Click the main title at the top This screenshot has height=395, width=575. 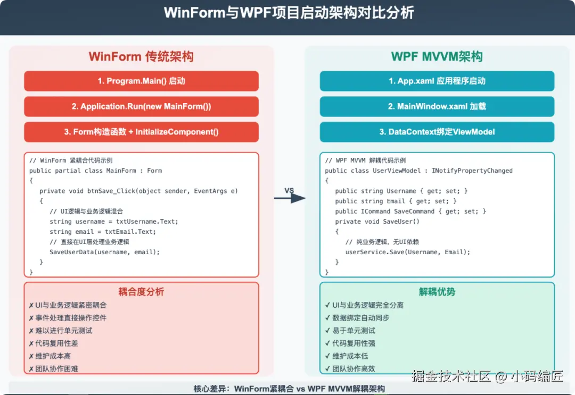pos(288,13)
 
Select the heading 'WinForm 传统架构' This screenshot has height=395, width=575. pos(141,57)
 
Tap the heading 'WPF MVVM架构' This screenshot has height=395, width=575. pos(437,57)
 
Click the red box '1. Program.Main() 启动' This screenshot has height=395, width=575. pos(141,81)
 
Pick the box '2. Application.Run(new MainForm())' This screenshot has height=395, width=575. pos(141,106)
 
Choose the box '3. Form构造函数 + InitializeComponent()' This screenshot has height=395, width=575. pos(141,132)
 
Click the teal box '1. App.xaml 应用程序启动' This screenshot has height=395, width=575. pos(437,81)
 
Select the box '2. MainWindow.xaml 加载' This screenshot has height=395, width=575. pos(437,106)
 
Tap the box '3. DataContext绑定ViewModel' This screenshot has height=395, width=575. pos(437,132)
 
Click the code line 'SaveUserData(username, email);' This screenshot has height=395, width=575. pos(105,252)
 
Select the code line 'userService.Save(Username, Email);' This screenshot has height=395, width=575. pos(408,252)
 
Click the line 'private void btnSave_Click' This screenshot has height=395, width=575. pos(138,191)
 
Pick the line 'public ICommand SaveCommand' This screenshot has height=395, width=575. pos(410,212)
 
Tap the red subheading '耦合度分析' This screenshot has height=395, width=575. pos(141,292)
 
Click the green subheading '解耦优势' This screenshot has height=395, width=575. pos(437,292)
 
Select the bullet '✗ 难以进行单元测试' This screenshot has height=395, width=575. pos(61,331)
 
